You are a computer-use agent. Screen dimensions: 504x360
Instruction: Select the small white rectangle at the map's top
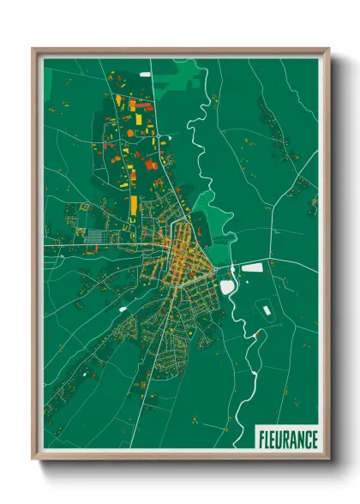(x=144, y=73)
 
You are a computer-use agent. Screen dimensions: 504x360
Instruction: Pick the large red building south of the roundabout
(x=151, y=165)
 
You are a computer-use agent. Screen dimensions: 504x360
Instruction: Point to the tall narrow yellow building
(x=133, y=206)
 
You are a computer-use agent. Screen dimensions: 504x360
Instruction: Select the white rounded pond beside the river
(x=227, y=288)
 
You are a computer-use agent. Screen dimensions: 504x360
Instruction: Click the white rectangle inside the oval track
(x=267, y=309)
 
